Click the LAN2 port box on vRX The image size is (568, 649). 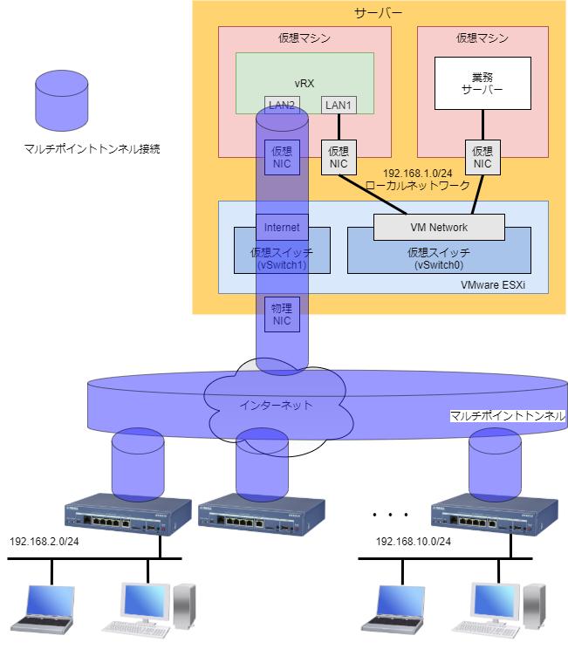point(282,106)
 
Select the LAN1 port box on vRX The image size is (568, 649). point(338,106)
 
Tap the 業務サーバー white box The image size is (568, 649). point(482,83)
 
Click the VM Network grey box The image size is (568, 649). point(439,228)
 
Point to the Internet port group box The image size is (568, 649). point(282,228)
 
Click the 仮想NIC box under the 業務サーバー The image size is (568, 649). point(482,157)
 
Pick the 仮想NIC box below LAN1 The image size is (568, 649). point(338,157)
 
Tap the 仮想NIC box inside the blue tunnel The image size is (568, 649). point(282,157)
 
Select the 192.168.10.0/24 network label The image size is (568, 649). point(414,542)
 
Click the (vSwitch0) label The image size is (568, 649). point(438,263)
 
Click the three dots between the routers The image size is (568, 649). point(385,516)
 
